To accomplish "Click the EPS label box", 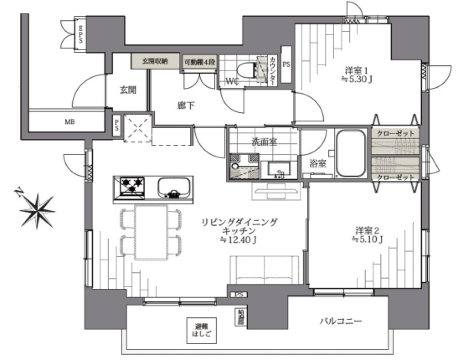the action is pyautogui.click(x=80, y=34).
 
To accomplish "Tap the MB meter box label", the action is pyautogui.click(x=70, y=122).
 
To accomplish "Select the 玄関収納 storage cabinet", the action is pyautogui.click(x=155, y=61).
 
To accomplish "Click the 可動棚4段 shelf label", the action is pyautogui.click(x=200, y=62).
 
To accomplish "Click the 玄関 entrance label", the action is pyautogui.click(x=128, y=90).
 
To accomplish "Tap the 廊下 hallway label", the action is pyautogui.click(x=185, y=106).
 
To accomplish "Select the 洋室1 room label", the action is pyautogui.click(x=358, y=70).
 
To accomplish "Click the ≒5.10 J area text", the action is pyautogui.click(x=367, y=239).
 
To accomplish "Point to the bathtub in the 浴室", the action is pyautogui.click(x=351, y=153).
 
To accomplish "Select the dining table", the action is pyautogui.click(x=151, y=232).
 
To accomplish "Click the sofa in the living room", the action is pyautogui.click(x=265, y=270).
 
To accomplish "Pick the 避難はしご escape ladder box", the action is pyautogui.click(x=202, y=331).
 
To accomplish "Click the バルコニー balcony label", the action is pyautogui.click(x=340, y=322).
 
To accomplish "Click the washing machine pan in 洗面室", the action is pyautogui.click(x=244, y=166).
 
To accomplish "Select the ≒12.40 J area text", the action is pyautogui.click(x=238, y=240).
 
